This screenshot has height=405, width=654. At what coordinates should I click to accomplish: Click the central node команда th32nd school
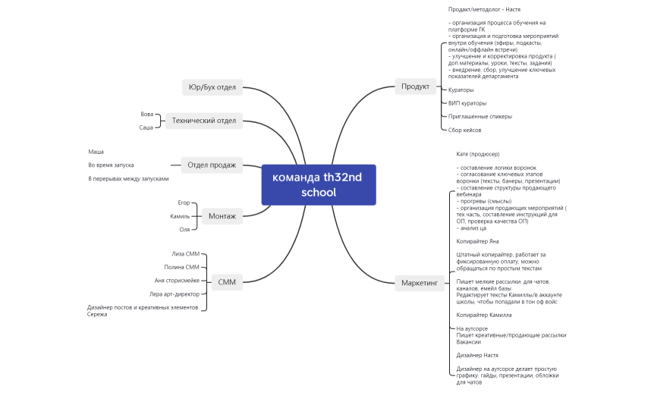point(318,184)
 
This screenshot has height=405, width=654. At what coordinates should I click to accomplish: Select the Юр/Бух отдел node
point(212,87)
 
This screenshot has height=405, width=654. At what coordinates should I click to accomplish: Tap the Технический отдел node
point(203,120)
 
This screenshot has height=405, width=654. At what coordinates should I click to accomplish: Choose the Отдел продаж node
point(211,165)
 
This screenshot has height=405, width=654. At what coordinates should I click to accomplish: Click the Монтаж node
point(222,216)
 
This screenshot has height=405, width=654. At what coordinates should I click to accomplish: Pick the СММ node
point(226,282)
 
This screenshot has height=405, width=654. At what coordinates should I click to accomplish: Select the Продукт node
point(415,86)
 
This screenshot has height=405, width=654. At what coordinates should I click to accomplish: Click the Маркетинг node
point(419,283)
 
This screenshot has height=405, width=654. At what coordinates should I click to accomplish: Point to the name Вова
point(147,114)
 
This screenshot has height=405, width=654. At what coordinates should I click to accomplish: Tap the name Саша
point(146,127)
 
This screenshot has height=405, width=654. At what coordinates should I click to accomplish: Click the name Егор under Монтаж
point(184,203)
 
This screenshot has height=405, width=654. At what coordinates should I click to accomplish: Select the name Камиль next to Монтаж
point(180,216)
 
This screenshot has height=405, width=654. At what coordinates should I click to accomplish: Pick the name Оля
point(184,229)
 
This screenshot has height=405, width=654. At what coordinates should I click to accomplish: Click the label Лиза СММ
point(185,254)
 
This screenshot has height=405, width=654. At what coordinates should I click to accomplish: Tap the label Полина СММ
point(181,267)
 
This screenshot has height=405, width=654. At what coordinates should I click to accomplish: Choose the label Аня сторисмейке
point(177,280)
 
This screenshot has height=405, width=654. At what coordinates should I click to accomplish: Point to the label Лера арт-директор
point(175,294)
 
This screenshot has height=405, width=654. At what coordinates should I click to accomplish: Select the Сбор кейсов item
point(466,130)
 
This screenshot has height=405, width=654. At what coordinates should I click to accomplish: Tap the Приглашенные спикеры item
point(480,117)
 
